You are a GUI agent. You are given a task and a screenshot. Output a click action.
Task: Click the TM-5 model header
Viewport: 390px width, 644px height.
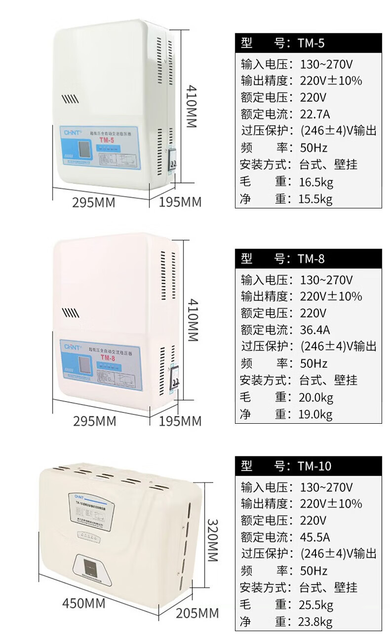pos(308,43)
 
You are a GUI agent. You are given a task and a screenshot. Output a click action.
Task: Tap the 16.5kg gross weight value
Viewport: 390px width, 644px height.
pos(316,182)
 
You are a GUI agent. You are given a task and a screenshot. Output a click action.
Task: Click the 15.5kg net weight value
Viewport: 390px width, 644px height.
pos(316,199)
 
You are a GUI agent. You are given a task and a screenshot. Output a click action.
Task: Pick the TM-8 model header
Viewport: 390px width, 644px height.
pos(308,258)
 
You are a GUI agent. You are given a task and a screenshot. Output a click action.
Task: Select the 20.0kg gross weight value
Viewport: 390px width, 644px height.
pos(316,398)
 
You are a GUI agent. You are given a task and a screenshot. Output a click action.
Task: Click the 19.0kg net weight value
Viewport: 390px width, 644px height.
pos(316,414)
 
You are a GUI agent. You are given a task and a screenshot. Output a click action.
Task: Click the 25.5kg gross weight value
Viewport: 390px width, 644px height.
pos(316,604)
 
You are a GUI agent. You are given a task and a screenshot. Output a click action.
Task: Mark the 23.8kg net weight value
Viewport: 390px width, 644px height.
pos(316,622)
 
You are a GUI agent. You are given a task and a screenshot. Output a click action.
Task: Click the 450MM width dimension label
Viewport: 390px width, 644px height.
pos(83,603)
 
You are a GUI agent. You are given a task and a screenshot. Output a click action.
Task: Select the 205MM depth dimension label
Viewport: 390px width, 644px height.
pos(197,613)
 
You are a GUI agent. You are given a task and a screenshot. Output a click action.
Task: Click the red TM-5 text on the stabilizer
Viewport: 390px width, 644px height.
pos(107,140)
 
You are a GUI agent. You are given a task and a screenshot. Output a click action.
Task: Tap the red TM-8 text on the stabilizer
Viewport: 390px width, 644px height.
pos(107,358)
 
